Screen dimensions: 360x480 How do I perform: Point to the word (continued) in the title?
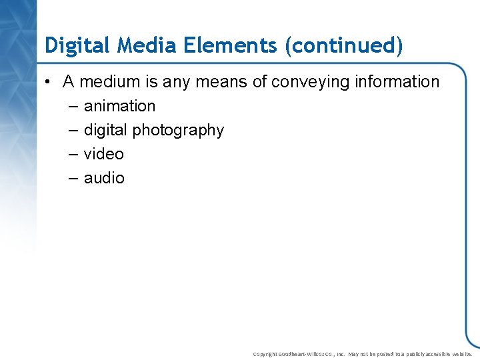click(343, 45)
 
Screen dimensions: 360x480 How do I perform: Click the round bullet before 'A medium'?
click(49, 82)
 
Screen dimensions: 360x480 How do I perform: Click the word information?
click(398, 82)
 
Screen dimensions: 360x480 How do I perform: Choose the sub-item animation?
click(119, 106)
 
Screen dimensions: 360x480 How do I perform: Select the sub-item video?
click(103, 154)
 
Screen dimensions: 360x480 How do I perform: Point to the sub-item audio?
click(104, 178)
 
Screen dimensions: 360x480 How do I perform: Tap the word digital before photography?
click(105, 130)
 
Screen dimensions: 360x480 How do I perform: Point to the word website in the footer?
click(459, 354)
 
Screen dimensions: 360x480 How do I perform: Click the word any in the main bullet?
click(175, 82)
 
